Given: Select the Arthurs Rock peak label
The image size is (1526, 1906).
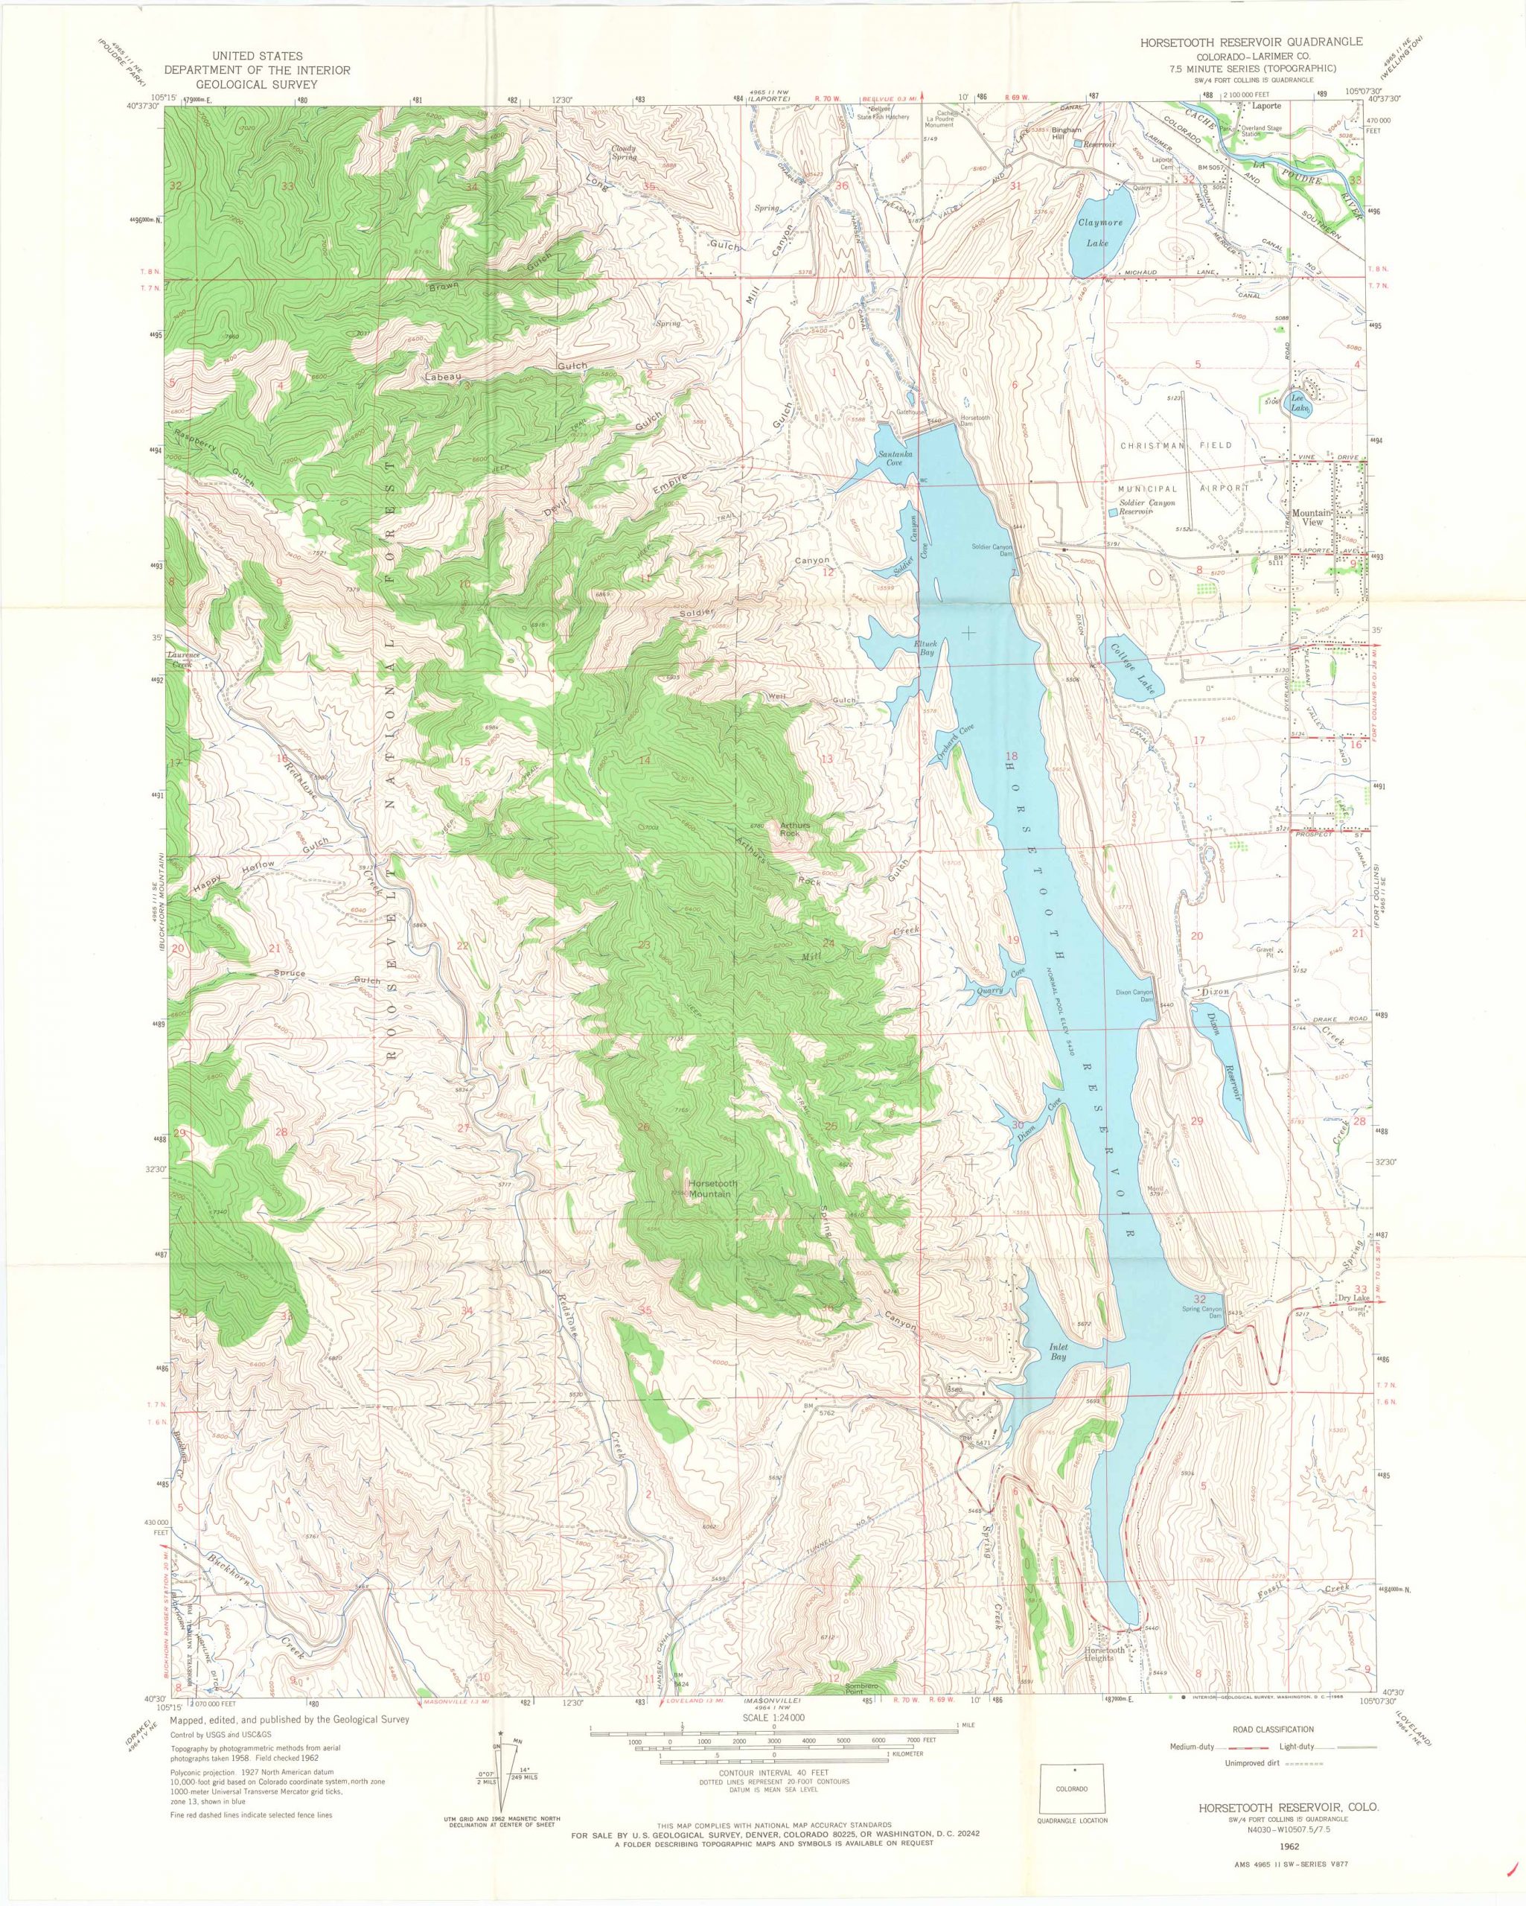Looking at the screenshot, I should coord(790,829).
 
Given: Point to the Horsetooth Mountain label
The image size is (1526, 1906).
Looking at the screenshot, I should coord(711,1189).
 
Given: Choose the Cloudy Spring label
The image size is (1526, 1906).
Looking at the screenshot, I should coord(625,153).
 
